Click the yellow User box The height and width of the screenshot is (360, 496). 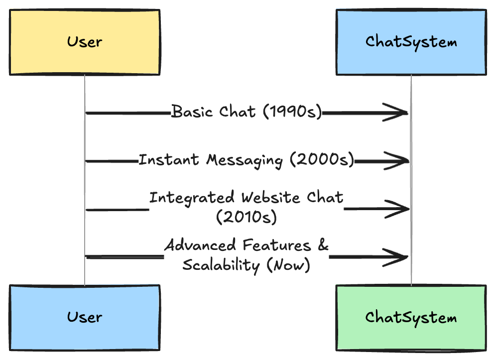[85, 42]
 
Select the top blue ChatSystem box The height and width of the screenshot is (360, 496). [411, 42]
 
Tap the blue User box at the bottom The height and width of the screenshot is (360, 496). [85, 318]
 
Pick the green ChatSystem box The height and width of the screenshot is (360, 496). [411, 318]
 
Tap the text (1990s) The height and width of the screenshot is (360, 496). [292, 112]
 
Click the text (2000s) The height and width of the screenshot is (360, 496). [322, 159]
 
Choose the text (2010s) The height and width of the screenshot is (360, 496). [247, 217]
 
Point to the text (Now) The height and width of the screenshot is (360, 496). [288, 265]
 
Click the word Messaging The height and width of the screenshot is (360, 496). [244, 161]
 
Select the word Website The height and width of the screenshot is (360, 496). [270, 197]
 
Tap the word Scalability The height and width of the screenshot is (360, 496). [221, 265]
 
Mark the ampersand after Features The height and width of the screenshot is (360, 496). [323, 245]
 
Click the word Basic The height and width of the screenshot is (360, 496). [192, 112]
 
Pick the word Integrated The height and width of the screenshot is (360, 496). [192, 198]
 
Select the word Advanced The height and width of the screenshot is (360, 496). [200, 245]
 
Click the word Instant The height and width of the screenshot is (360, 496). [169, 159]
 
